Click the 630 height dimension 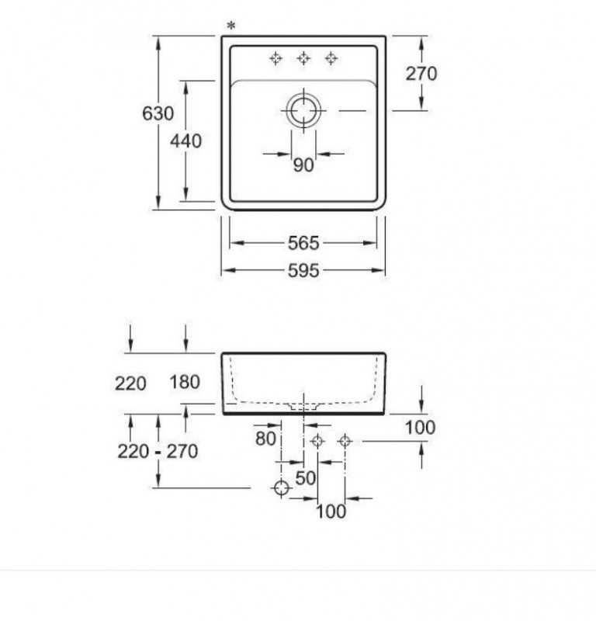pyautogui.click(x=158, y=113)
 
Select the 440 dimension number pyautogui.click(x=185, y=141)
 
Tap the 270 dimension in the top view pyautogui.click(x=421, y=74)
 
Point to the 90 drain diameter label pyautogui.click(x=303, y=165)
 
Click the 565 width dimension pyautogui.click(x=303, y=243)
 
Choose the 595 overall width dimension pyautogui.click(x=303, y=271)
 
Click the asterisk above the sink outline pyautogui.click(x=231, y=26)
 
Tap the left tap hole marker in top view pyautogui.click(x=275, y=59)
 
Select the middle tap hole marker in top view pyautogui.click(x=303, y=59)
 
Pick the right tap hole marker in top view pyautogui.click(x=331, y=59)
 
